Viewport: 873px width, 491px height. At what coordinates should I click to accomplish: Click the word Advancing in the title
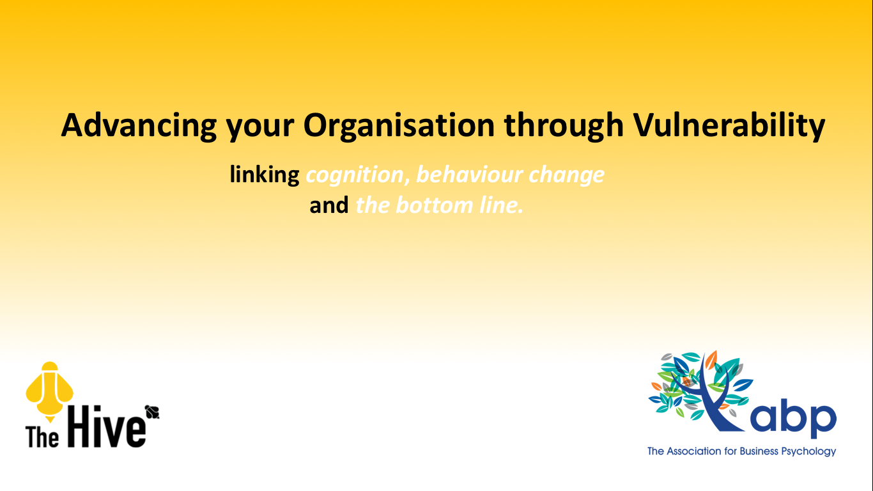point(139,125)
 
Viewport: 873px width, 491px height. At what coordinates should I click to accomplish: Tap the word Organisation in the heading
point(399,125)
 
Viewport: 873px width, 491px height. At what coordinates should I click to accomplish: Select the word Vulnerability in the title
point(729,125)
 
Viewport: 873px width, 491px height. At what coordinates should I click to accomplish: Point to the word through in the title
point(564,125)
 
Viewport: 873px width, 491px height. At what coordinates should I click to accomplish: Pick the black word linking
point(265,175)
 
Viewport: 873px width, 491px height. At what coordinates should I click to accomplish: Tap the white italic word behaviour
point(469,174)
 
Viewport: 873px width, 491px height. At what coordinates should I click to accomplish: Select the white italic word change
point(566,175)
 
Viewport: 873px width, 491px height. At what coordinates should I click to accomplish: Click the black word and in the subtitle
point(329,205)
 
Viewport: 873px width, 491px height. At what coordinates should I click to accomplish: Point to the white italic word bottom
point(434,205)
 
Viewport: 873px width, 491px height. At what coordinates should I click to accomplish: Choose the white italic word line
point(501,205)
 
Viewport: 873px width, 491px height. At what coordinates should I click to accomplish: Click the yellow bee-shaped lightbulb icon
point(49,391)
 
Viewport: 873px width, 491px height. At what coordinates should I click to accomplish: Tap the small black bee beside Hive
point(152,412)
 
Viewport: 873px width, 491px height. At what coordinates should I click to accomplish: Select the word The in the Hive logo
point(42,437)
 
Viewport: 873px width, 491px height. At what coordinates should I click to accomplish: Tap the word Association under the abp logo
point(694,451)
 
